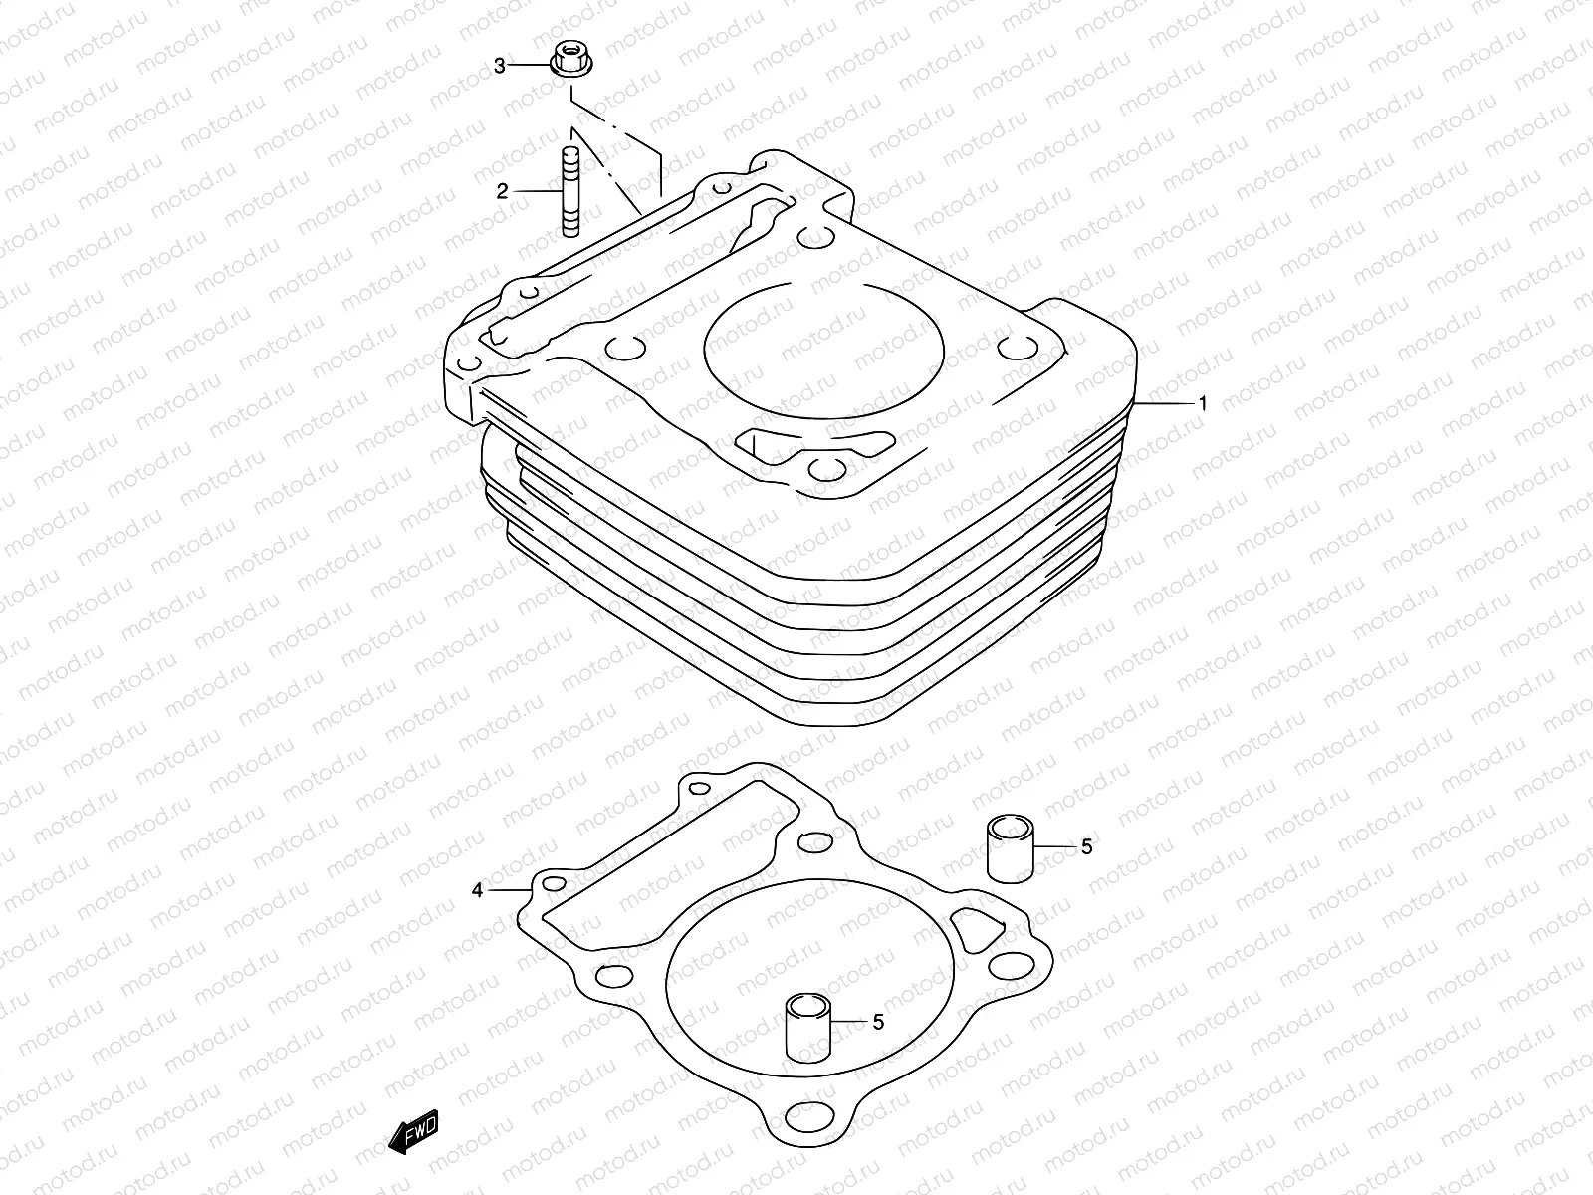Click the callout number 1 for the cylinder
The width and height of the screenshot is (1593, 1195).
(1203, 404)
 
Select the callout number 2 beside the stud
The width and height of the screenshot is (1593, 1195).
(503, 191)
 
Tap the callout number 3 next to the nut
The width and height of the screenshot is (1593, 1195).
(501, 66)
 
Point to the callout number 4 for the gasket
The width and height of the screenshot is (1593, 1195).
(478, 889)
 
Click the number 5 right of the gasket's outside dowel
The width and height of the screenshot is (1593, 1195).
(1086, 846)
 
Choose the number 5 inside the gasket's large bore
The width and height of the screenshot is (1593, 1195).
(877, 1021)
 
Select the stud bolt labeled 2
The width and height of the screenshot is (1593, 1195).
(569, 191)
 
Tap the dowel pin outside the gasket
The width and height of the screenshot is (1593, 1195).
(1010, 847)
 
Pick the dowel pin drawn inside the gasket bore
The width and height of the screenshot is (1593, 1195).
(807, 1027)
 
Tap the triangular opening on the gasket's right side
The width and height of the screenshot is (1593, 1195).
(976, 925)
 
